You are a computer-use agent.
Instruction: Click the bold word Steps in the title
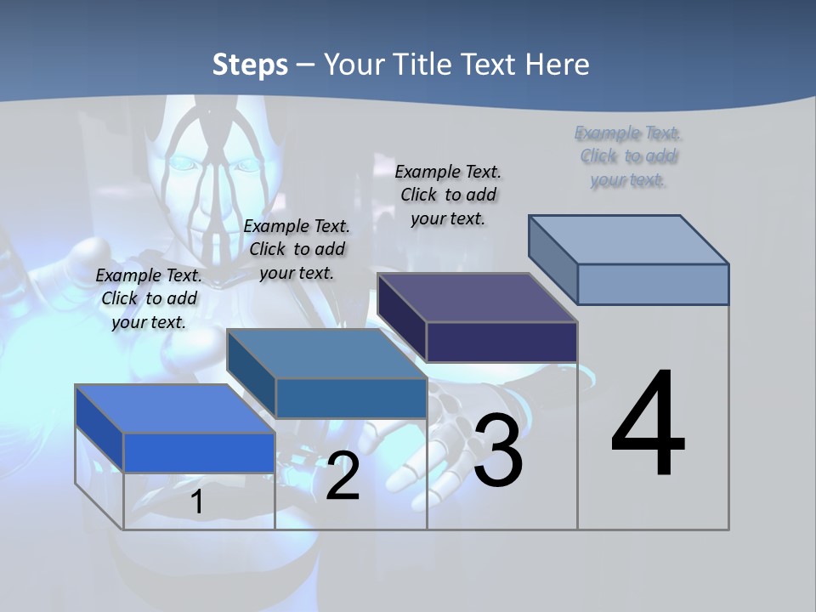[250, 65]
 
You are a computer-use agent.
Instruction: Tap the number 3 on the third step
[498, 450]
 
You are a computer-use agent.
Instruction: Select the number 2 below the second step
[343, 476]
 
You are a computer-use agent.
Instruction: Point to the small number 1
[197, 501]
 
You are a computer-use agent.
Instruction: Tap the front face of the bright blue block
[199, 452]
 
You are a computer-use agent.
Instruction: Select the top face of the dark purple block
[477, 298]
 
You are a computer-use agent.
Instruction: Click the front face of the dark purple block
[501, 342]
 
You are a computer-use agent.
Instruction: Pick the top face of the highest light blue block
[628, 240]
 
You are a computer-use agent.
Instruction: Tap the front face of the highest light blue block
[653, 284]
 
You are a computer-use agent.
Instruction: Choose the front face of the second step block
[351, 398]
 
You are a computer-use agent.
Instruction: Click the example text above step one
[149, 298]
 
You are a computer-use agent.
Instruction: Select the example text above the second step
[297, 249]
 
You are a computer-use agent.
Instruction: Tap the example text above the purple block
[448, 195]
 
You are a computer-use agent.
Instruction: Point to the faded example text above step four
[628, 156]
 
